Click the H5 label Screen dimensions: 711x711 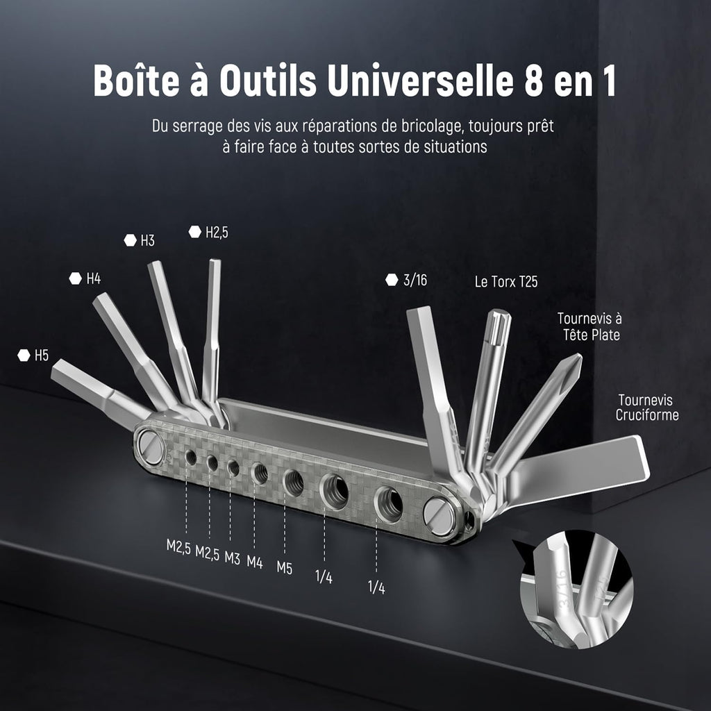[x=41, y=355]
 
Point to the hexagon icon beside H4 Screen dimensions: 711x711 [x=76, y=278]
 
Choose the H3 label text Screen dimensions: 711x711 [x=147, y=240]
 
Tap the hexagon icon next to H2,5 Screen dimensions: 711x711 [x=195, y=232]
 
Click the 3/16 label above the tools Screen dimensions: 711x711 [x=415, y=281]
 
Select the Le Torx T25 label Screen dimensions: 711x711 [x=506, y=282]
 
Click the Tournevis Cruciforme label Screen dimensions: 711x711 [x=647, y=407]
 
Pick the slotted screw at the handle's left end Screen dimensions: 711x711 [x=151, y=446]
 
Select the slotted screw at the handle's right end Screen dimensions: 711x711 [x=439, y=513]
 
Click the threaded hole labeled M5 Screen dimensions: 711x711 [x=294, y=482]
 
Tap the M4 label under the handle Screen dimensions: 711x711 [x=255, y=562]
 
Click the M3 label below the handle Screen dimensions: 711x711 [x=232, y=558]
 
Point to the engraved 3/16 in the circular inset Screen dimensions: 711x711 [x=564, y=589]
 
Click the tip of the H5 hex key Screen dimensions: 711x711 [x=53, y=369]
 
